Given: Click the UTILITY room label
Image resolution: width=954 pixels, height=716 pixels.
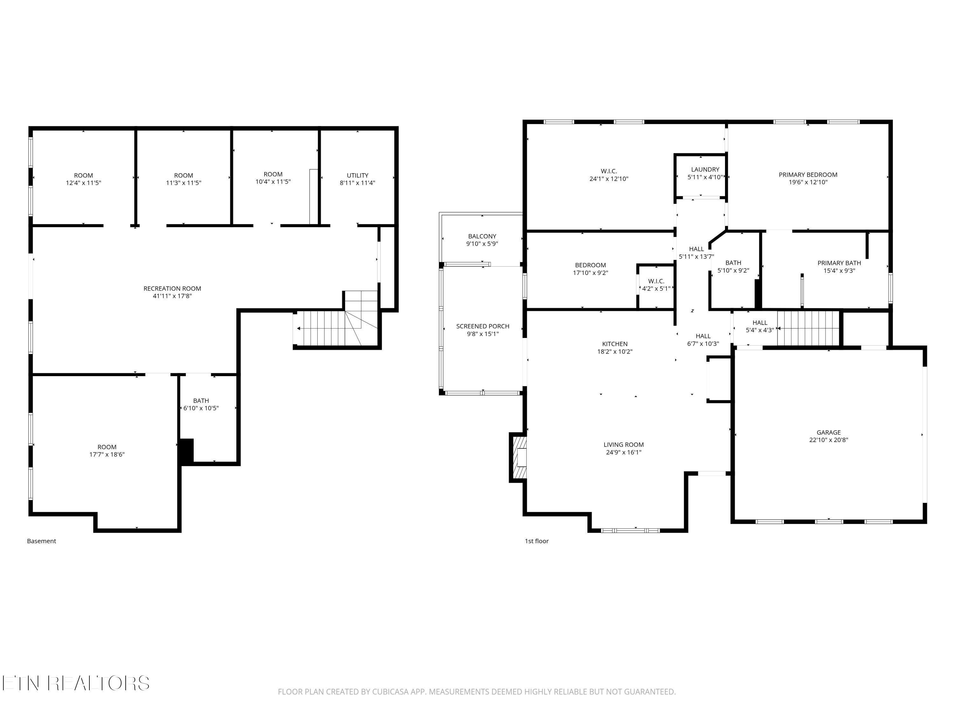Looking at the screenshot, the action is pos(357,175).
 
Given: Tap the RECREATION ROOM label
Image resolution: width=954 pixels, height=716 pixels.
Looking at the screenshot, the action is pos(172,288).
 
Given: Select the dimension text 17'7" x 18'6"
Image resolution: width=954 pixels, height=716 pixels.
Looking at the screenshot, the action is pos(107,454).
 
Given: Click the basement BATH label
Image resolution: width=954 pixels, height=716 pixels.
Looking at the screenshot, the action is pos(201,401).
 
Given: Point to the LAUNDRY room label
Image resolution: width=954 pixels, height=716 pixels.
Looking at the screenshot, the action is pos(705,170).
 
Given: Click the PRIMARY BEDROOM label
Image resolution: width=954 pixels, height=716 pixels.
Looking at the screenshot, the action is pos(808,175).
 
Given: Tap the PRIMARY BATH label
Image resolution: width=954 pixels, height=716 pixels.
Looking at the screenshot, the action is pos(839,263).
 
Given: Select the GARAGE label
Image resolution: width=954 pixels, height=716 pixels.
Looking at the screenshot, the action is pos(828,432).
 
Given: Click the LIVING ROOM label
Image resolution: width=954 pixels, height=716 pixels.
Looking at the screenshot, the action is pos(624,445).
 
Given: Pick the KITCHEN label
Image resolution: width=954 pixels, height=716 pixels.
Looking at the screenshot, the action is pos(615,344).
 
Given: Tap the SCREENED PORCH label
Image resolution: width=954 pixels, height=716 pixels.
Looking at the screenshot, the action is pos(483,326).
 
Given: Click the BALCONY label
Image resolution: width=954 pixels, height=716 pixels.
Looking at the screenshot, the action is pos(482,236).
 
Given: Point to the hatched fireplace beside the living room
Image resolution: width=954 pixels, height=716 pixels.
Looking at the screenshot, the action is pos(518,458).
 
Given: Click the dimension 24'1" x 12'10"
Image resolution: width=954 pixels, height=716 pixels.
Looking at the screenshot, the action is pos(609,179).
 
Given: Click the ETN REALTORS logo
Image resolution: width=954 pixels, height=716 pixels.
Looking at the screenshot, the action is pos(76,683).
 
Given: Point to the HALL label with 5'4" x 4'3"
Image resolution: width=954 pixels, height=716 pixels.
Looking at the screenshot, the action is pos(760,323).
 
